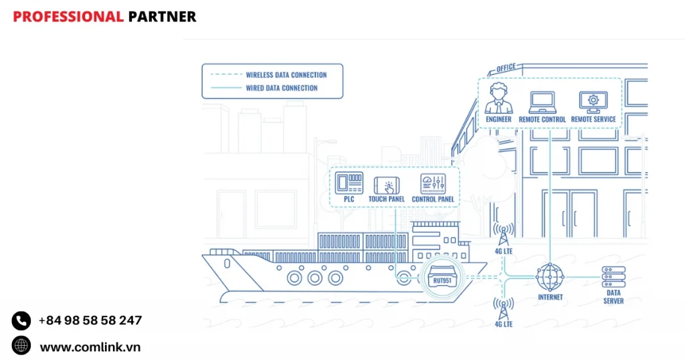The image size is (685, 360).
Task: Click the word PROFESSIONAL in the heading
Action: pos(68,17)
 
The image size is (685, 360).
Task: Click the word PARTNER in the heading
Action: pos(162,17)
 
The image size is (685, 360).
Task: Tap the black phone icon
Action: pos(21,321)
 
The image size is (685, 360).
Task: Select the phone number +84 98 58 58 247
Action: pos(90,321)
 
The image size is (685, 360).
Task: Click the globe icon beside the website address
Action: pos(21,345)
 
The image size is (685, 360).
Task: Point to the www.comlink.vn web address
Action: pos(90,347)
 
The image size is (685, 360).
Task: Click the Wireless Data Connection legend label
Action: pos(286,75)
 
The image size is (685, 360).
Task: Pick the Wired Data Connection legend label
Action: pos(282,88)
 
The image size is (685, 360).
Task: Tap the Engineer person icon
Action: pos(498,99)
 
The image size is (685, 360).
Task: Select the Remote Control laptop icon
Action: pos(542,102)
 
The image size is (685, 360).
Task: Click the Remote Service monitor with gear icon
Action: pos(593,102)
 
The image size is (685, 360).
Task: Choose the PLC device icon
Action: pos(349,183)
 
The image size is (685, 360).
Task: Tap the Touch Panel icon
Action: pos(387,185)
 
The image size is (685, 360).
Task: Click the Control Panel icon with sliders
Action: pos(433,184)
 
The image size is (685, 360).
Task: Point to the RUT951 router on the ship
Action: pos(442,278)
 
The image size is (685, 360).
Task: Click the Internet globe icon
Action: pos(550,277)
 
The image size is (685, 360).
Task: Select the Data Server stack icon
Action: pos(613,277)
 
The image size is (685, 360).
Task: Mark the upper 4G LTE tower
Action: pos(503,235)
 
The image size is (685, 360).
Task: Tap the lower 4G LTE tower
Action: pos(503,309)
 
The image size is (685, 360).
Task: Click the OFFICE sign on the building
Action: pos(506,68)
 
